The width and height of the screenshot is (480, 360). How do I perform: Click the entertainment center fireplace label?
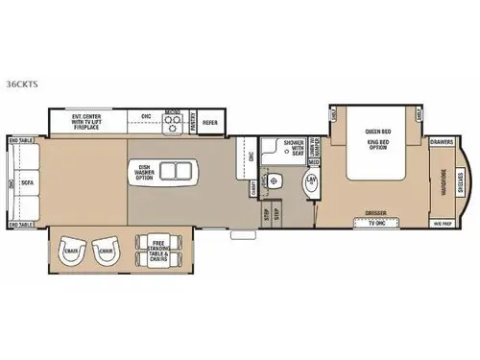tap(89, 122)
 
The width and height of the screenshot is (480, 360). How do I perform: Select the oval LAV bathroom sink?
tap(312, 182)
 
